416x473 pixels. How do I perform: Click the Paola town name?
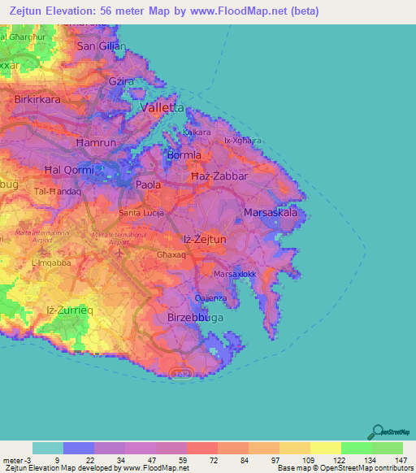point(148,185)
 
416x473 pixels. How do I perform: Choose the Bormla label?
point(184,154)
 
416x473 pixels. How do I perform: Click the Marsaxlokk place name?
point(236,275)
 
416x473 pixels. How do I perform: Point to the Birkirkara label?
point(38,99)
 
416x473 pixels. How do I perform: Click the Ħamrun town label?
point(97,142)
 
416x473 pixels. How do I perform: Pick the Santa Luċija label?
point(142,213)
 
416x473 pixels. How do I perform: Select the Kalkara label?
point(197,132)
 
